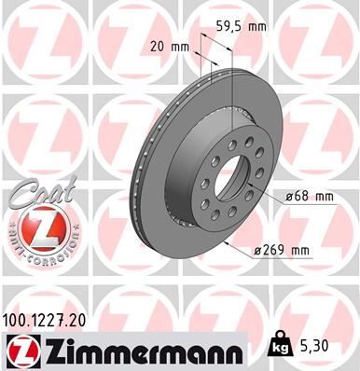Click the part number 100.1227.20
click(51, 320)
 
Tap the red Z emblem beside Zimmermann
click(21, 350)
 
